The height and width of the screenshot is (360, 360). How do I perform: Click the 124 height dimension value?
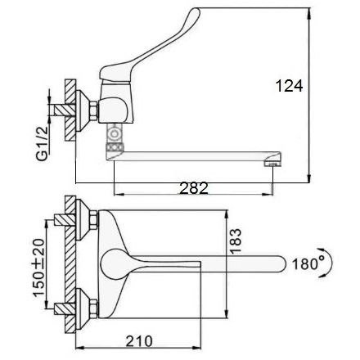[289, 86]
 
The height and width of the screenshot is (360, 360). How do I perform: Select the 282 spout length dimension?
[194, 188]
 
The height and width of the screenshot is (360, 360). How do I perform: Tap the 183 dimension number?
[235, 241]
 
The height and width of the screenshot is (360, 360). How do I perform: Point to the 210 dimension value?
[139, 341]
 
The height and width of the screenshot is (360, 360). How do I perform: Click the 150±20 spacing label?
[38, 268]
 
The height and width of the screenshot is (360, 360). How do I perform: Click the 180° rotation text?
[305, 263]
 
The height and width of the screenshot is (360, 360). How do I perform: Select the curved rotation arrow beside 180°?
[330, 263]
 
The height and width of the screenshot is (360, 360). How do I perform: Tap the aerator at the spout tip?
[272, 164]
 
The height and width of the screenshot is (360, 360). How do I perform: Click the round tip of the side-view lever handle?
[196, 12]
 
